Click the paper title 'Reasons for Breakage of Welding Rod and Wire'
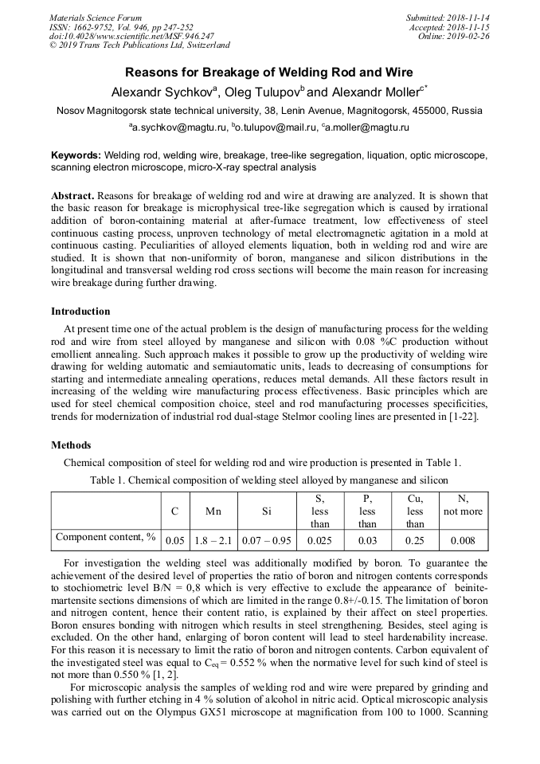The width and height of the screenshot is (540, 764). (x=269, y=72)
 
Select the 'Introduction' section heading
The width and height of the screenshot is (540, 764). (x=80, y=311)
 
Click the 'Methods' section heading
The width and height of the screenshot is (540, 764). (x=71, y=445)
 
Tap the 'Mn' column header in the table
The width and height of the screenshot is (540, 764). (x=213, y=511)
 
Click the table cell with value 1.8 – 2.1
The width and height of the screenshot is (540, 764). (x=213, y=541)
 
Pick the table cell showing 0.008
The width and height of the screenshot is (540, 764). (x=463, y=541)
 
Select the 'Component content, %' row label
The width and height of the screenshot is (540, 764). (x=106, y=538)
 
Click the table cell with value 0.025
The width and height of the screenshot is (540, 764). (x=319, y=541)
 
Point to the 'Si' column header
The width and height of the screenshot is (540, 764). (x=266, y=511)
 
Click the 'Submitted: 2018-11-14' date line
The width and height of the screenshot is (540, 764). (x=448, y=18)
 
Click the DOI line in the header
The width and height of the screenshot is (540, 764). (x=131, y=36)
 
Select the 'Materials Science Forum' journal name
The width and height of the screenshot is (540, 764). (x=96, y=18)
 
